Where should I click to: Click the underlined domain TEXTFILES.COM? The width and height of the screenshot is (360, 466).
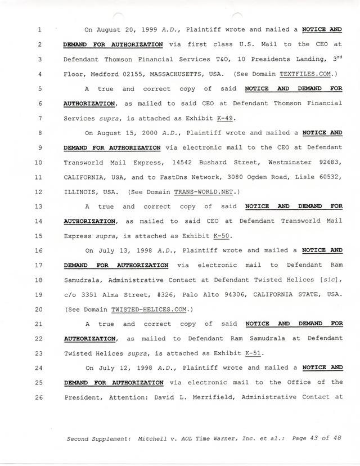[312, 74]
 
